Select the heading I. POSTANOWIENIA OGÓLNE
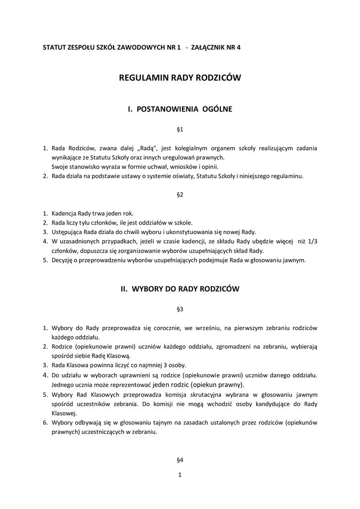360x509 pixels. pos(180,108)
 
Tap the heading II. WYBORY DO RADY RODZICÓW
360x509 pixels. pos(180,288)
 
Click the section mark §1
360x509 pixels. pos(180,129)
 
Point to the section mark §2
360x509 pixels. pos(180,195)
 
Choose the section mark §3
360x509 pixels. pos(180,309)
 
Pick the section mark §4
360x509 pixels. pos(180,460)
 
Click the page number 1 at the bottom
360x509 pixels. pos(180,475)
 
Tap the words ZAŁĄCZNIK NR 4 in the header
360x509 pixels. pos(219,47)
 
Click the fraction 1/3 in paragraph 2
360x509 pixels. pos(313,241)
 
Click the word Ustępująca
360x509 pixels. pos(68,232)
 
